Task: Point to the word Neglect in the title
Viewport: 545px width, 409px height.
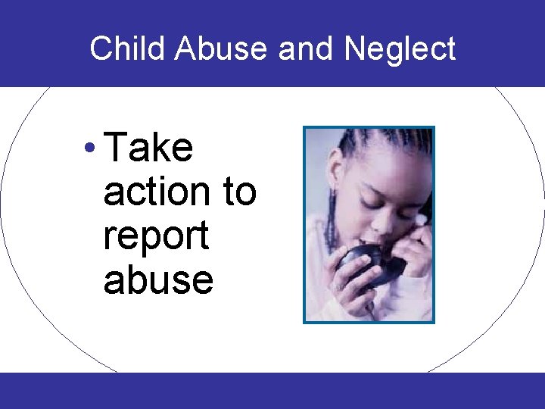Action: tap(400, 49)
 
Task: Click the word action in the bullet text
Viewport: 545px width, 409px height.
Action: tap(157, 192)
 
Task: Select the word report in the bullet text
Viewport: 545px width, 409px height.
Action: tap(156, 236)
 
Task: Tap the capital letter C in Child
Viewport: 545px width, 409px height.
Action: tap(99, 49)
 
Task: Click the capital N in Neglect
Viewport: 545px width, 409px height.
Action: tap(353, 49)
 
